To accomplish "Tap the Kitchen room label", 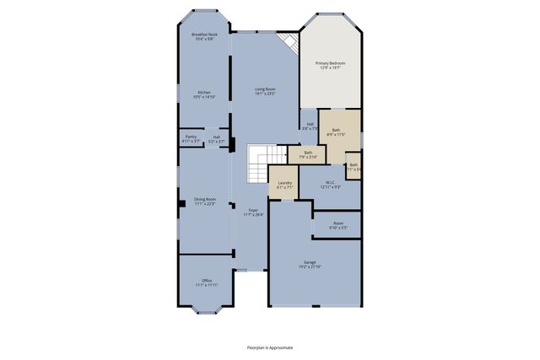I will [205, 94].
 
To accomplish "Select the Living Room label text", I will [266, 89].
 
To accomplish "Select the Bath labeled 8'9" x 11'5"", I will [336, 132].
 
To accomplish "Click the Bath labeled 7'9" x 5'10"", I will [308, 154].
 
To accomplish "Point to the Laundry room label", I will [284, 185].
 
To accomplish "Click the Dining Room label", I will [205, 201].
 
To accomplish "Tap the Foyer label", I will [253, 212].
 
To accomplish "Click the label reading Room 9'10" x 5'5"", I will [337, 225].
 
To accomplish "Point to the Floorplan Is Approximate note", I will [269, 347].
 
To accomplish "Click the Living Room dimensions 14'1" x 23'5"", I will [266, 94].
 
